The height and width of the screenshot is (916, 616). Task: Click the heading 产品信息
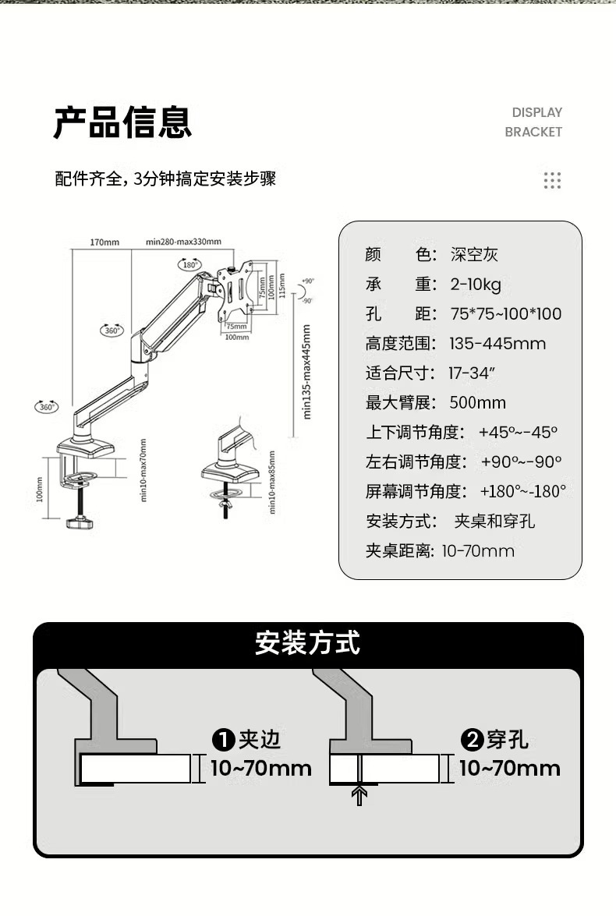tap(122, 122)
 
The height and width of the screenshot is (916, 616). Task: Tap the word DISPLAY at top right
tap(536, 112)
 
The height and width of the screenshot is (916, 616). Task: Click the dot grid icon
tap(552, 181)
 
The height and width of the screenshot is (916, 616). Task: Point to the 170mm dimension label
tap(104, 242)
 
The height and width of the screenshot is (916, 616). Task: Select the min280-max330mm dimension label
tap(183, 242)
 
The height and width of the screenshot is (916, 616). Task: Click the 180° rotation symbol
tap(189, 264)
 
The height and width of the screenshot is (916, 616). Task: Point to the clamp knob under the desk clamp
tap(78, 522)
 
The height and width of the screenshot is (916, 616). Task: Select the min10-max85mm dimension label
tap(272, 482)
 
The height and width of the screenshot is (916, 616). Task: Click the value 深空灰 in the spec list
tap(474, 255)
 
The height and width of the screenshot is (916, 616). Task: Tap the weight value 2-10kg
tap(476, 284)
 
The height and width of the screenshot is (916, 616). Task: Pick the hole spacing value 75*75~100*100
tap(505, 313)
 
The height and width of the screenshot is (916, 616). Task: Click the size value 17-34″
tap(472, 373)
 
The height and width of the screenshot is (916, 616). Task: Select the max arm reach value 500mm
tap(477, 402)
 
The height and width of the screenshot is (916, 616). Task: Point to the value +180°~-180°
tap(522, 491)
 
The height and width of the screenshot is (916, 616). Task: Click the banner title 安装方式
tap(308, 644)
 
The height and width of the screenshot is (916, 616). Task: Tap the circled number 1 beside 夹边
tap(224, 740)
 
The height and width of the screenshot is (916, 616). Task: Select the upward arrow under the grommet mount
tap(359, 796)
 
